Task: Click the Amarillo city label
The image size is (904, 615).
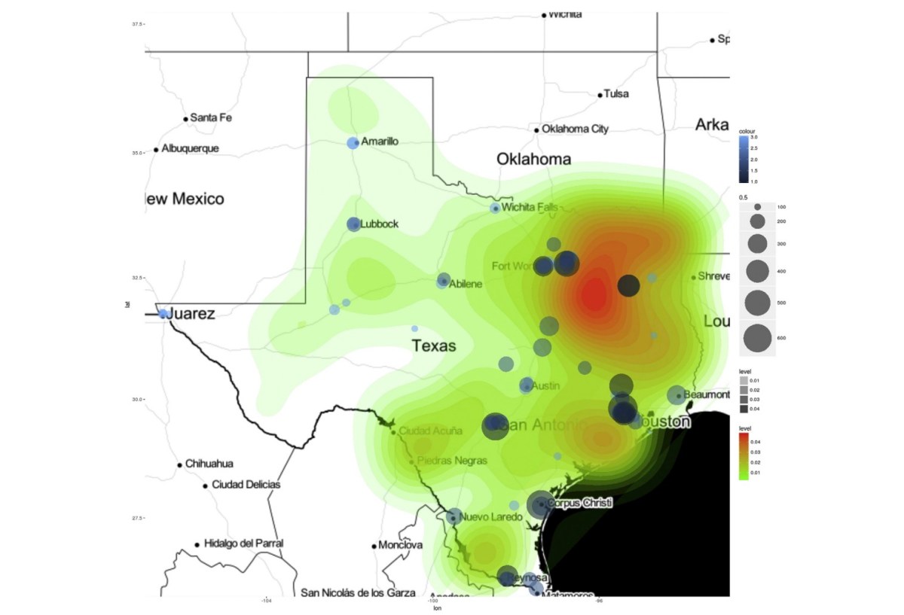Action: pyautogui.click(x=380, y=142)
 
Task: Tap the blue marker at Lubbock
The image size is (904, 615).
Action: pyautogui.click(x=353, y=224)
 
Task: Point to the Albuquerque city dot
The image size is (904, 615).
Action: pyautogui.click(x=156, y=149)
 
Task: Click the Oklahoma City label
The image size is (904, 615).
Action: pyautogui.click(x=575, y=129)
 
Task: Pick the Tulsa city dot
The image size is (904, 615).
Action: pyautogui.click(x=600, y=95)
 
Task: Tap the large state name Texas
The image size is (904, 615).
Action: pyautogui.click(x=433, y=346)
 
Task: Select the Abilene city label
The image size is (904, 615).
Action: pyautogui.click(x=465, y=284)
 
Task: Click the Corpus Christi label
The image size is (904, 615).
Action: pyautogui.click(x=579, y=503)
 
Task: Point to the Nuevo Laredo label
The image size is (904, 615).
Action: pyautogui.click(x=490, y=517)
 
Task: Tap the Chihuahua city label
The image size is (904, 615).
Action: pyautogui.click(x=209, y=464)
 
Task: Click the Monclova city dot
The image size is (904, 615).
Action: pyautogui.click(x=374, y=546)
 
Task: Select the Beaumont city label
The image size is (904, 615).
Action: pyautogui.click(x=707, y=394)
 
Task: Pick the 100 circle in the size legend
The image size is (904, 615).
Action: pyautogui.click(x=757, y=206)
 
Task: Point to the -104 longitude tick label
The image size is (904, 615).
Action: pyautogui.click(x=266, y=601)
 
